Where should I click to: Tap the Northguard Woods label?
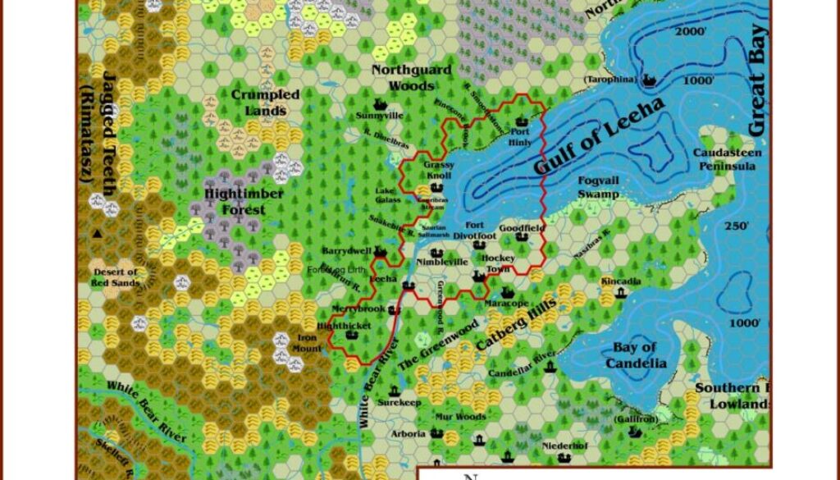tap(411, 77)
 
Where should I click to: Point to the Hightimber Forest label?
tap(244, 202)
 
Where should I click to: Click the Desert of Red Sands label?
tap(116, 277)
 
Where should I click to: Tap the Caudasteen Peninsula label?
tap(727, 159)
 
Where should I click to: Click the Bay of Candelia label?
tap(635, 355)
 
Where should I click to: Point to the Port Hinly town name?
tap(520, 137)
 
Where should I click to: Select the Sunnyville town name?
tap(380, 116)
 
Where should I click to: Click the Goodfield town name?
tap(522, 226)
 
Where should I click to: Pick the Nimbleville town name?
tap(442, 262)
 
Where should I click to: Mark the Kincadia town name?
tap(621, 281)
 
